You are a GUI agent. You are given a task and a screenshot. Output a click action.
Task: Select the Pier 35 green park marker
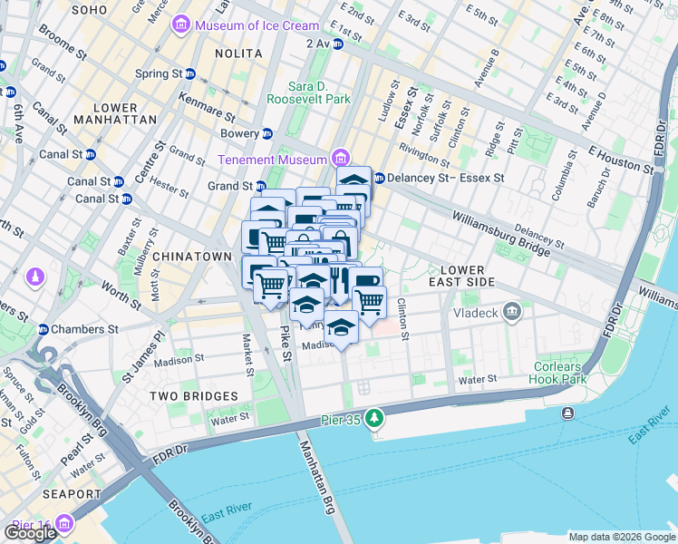[373, 417]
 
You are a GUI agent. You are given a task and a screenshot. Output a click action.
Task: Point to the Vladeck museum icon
[513, 313]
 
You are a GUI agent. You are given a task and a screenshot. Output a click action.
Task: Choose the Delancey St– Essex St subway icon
[379, 178]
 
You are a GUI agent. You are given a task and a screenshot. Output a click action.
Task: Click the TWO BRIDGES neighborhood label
[194, 396]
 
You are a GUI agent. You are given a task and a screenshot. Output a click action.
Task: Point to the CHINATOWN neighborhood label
[192, 257]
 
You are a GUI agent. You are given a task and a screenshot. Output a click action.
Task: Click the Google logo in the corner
[30, 533]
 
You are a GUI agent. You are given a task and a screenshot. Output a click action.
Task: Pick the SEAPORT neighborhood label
[72, 494]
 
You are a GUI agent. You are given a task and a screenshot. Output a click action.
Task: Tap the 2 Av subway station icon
[337, 43]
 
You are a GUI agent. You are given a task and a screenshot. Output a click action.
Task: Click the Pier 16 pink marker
[63, 524]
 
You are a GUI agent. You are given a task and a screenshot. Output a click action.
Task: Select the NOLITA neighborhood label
[238, 53]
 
